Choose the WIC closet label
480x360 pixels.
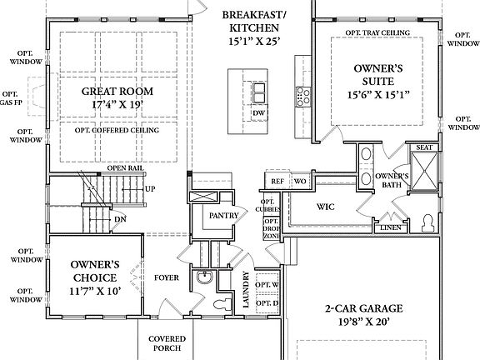[x=326, y=206]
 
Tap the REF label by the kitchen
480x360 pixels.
[x=277, y=180]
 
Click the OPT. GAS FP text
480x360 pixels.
[x=10, y=99]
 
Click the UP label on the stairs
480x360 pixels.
[x=150, y=188]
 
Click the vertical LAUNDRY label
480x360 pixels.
[x=246, y=292]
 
